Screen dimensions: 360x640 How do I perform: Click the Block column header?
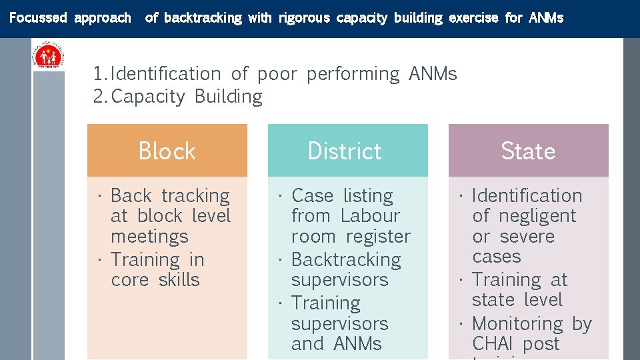[x=167, y=151]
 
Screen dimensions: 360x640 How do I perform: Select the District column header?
[x=345, y=151]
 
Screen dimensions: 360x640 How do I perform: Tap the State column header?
[x=528, y=151]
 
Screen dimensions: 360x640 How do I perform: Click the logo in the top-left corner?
[x=49, y=55]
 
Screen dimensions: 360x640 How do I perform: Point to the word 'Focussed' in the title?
[x=38, y=18]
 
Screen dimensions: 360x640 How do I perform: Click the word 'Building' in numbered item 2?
[x=229, y=97]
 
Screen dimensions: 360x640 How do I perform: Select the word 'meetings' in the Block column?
[x=149, y=237]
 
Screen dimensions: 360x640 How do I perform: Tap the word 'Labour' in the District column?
[x=370, y=216]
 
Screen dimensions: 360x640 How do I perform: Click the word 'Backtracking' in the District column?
[x=346, y=259]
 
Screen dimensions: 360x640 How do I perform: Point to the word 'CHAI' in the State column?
[x=494, y=344]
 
